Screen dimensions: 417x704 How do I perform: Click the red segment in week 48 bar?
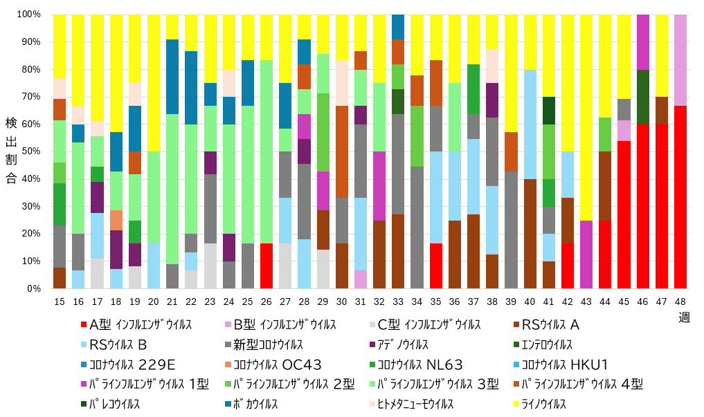pyautogui.click(x=680, y=197)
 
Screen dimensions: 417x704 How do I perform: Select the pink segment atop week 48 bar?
pyautogui.click(x=680, y=59)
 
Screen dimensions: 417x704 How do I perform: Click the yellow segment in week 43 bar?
pyautogui.click(x=586, y=117)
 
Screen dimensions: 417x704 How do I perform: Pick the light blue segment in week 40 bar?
pyautogui.click(x=530, y=124)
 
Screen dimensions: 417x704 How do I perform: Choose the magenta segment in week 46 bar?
pyautogui.click(x=643, y=41)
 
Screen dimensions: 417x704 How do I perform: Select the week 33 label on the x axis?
pyautogui.click(x=398, y=301)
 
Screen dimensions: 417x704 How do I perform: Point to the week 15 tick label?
pyautogui.click(x=60, y=301)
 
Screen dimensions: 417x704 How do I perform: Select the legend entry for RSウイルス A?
pyautogui.click(x=551, y=325)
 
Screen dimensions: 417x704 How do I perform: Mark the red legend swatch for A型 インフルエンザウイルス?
pyautogui.click(x=84, y=325)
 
